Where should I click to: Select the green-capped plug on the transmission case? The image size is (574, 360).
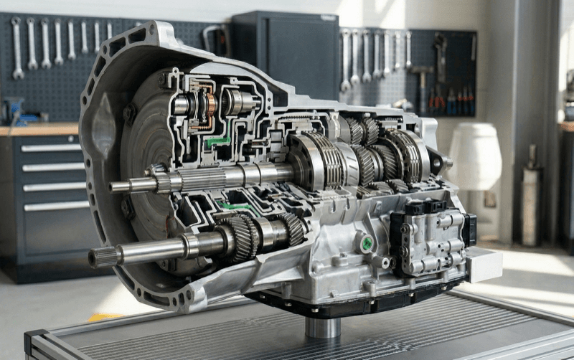point(367,243)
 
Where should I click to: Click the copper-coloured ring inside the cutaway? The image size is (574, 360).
point(211,105)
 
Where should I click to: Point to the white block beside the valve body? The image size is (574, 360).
point(484,265)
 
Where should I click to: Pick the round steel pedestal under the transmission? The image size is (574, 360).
point(322,327)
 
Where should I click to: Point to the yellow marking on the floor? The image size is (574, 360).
point(104,316)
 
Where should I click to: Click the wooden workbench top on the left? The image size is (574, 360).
point(39,130)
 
